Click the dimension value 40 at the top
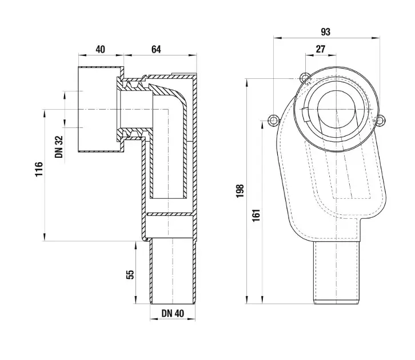[x=100, y=50]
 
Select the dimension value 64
[x=156, y=50]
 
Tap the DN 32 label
[x=59, y=147]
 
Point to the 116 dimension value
[x=39, y=169]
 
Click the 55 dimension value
[x=130, y=274]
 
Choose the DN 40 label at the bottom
[x=173, y=314]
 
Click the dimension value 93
[x=326, y=32]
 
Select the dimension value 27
[x=321, y=49]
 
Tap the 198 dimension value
[x=240, y=191]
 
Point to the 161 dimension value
[x=256, y=215]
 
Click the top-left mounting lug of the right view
[x=305, y=78]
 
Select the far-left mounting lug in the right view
[x=273, y=121]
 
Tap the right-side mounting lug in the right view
[x=380, y=121]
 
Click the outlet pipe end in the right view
[x=337, y=273]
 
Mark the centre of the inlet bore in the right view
[x=337, y=110]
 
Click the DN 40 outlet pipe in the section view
[x=173, y=271]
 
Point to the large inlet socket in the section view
[x=101, y=109]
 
